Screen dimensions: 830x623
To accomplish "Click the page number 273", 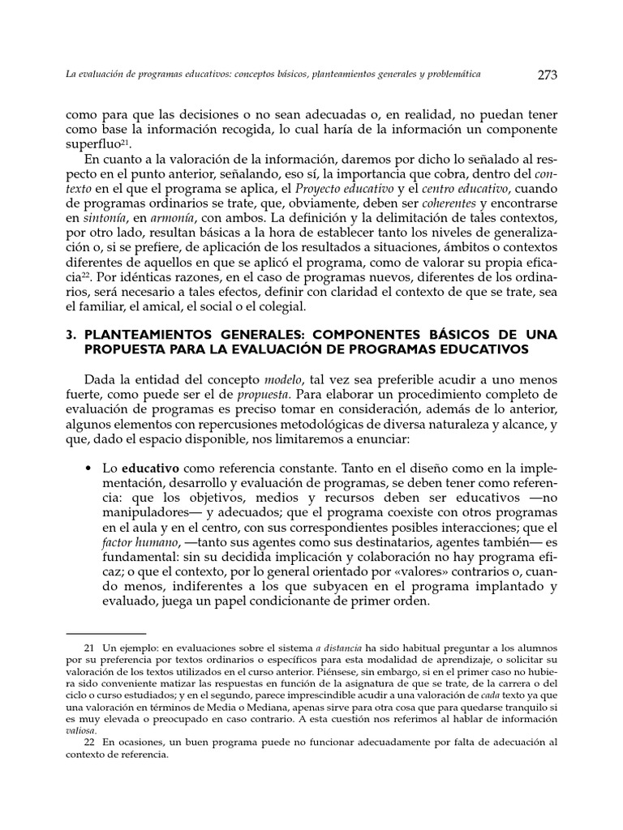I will (x=547, y=75).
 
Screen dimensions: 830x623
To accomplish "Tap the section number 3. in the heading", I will (x=71, y=336).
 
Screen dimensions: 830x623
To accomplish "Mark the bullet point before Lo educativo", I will (x=87, y=469).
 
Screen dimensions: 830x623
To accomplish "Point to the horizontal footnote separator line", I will (x=105, y=633).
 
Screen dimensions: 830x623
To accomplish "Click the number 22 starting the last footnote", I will (x=90, y=742).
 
